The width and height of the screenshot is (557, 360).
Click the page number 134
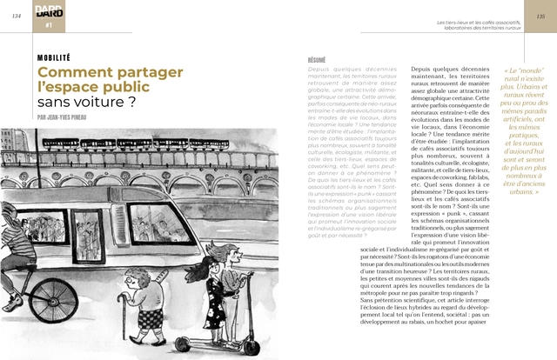click(16, 16)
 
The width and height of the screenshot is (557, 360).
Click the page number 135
click(540, 16)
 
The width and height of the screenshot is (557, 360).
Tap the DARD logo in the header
click(49, 10)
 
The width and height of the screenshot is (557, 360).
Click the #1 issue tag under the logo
click(49, 26)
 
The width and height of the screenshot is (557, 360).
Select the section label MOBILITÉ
click(54, 57)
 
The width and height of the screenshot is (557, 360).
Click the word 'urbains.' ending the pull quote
click(524, 190)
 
